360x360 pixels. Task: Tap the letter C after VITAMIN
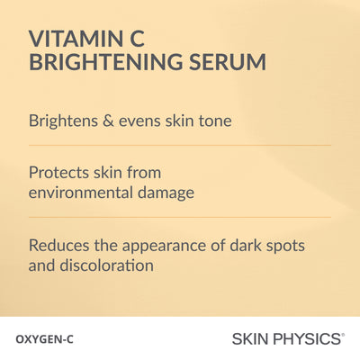tap(137, 39)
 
